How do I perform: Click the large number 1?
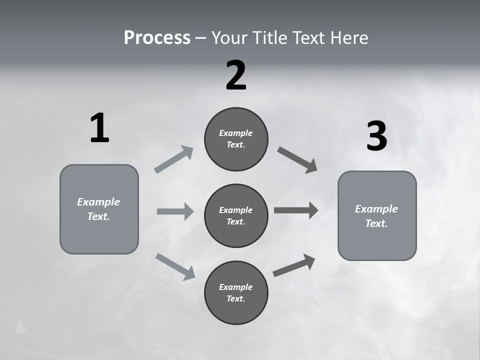99,128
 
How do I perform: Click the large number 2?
236,75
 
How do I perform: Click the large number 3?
376,136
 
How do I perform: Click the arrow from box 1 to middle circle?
175,211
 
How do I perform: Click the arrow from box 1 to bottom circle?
175,266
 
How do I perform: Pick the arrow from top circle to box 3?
297,160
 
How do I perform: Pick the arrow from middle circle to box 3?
296,210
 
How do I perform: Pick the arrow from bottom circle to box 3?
294,265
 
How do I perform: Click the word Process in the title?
157,37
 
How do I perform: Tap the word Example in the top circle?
236,133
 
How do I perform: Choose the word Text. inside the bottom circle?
236,298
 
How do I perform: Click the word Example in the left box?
98,202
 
